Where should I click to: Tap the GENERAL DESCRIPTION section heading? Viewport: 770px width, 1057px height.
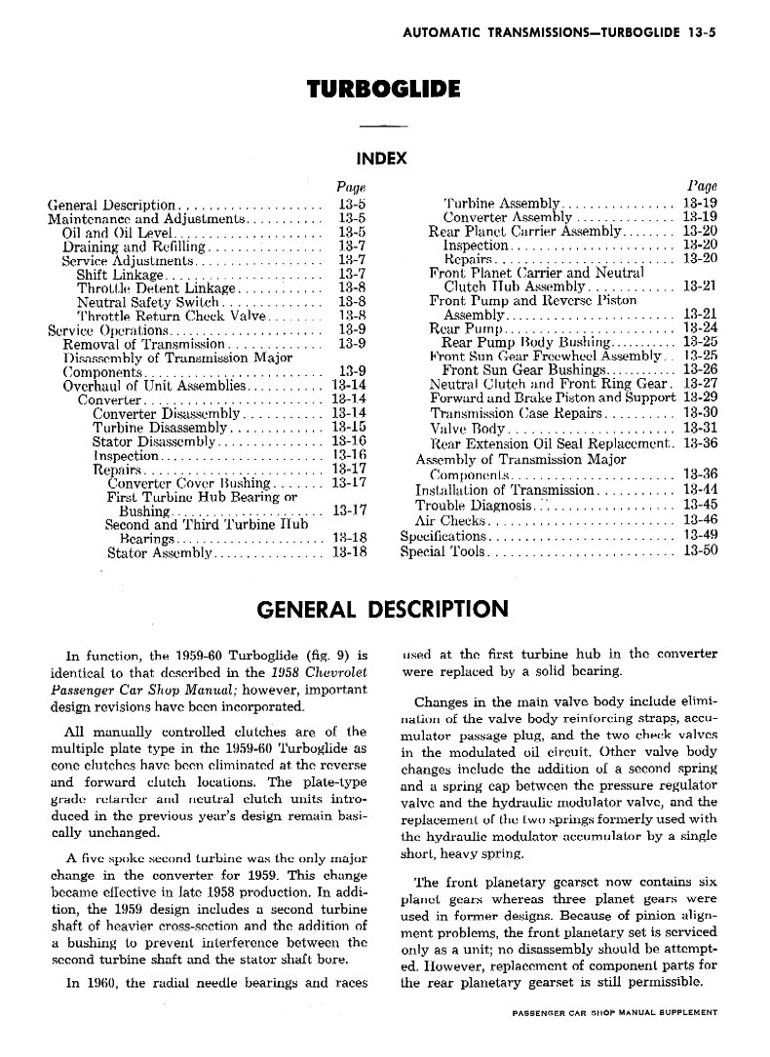coord(381,610)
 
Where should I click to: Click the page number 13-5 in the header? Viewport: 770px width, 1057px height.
coord(701,31)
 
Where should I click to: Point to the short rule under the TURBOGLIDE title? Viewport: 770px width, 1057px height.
coord(382,127)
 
